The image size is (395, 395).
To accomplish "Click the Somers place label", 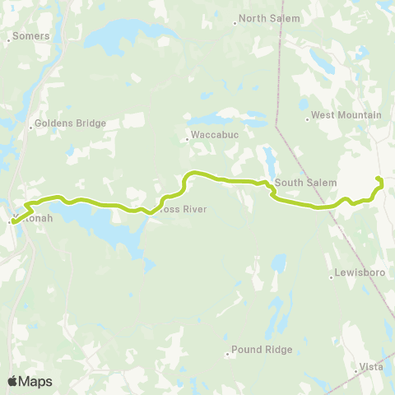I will pos(32,36).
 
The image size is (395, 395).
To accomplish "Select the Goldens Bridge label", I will pos(72,123).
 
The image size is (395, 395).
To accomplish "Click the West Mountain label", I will pos(346,115).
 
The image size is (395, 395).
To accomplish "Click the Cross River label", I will pos(181,209).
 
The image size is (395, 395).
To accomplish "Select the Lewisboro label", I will pos(355,272).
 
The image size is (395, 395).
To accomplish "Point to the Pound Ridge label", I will pos(262,350).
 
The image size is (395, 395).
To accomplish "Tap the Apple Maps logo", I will pos(30,381).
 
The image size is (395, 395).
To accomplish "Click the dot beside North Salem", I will pos(235,23).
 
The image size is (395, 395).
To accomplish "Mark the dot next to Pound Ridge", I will pos(228,355).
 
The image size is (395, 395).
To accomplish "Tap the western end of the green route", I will pos(12,221).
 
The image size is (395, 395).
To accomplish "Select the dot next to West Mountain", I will pos(307,119).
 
